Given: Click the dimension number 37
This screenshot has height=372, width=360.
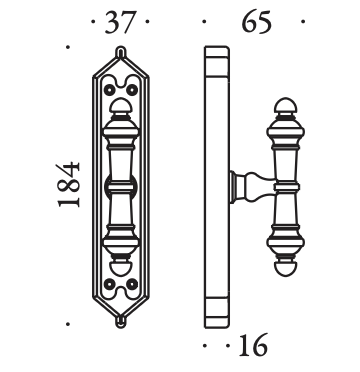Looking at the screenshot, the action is point(121,22).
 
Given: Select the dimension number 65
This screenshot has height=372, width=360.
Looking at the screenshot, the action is point(257,22).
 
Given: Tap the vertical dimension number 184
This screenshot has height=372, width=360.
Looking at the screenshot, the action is point(68,184).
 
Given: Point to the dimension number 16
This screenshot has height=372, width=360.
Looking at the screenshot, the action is point(253,345).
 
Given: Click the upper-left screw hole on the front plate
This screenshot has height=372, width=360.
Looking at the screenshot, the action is point(109,89).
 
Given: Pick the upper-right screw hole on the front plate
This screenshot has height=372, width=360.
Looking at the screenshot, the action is point(132,89).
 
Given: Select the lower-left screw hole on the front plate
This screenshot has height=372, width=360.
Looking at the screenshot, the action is point(109,284).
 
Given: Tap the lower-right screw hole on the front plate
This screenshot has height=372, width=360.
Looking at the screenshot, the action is point(132,284).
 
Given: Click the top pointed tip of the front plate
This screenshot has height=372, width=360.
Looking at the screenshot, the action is point(121,47).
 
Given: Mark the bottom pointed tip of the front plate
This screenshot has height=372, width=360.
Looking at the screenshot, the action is point(121,327).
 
